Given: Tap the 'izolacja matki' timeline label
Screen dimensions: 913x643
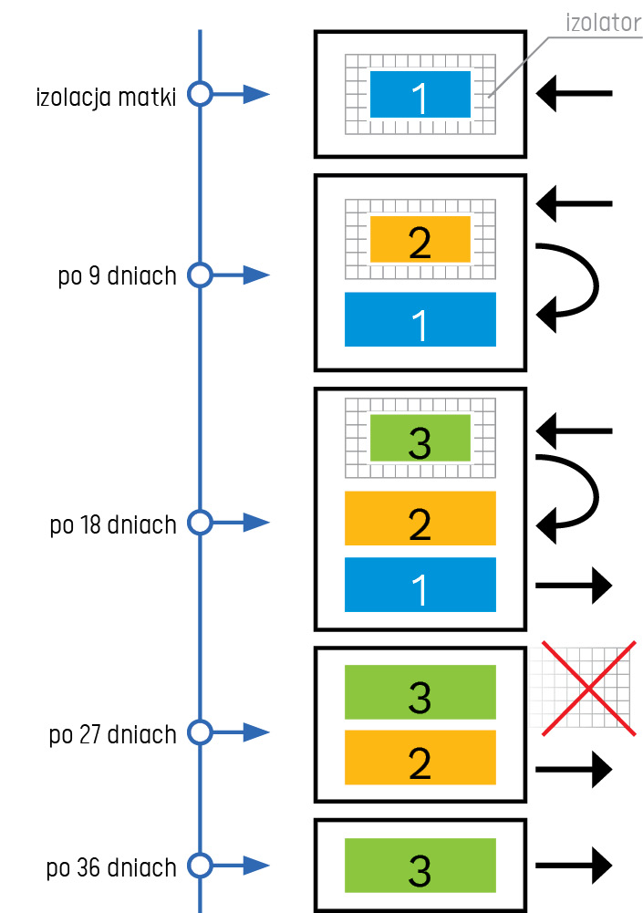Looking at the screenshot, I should click(x=106, y=95).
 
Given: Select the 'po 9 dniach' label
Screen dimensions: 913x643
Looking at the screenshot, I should click(x=118, y=275).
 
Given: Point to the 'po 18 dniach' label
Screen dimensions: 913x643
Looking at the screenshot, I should click(x=113, y=524).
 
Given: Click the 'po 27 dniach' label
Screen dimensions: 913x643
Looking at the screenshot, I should click(x=113, y=734).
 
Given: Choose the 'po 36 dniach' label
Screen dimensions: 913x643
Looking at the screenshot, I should click(x=112, y=867).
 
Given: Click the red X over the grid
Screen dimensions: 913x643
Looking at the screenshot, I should click(x=588, y=688).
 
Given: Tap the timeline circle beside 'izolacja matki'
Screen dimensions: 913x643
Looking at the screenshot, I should click(x=200, y=93).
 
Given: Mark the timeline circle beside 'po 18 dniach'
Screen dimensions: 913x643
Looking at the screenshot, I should click(x=200, y=523).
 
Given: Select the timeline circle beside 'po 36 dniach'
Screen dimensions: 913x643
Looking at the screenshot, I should click(x=200, y=865).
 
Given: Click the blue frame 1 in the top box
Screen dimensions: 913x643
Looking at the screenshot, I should click(x=420, y=95).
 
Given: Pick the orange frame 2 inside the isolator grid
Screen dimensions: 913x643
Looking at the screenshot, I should click(x=420, y=240).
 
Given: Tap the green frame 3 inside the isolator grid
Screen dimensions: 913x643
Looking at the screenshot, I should click(x=420, y=439).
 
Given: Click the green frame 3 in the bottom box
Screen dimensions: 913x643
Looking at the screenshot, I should click(x=420, y=866).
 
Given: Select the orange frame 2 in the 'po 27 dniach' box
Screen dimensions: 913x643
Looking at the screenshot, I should click(x=420, y=757).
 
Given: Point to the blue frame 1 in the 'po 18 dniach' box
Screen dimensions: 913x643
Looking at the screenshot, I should click(x=420, y=585).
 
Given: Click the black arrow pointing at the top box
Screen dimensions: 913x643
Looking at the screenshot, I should click(x=574, y=93).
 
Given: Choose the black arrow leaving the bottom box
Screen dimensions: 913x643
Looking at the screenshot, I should click(x=574, y=863).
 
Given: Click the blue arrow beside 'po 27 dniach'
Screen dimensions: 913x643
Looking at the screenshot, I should click(x=244, y=732).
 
